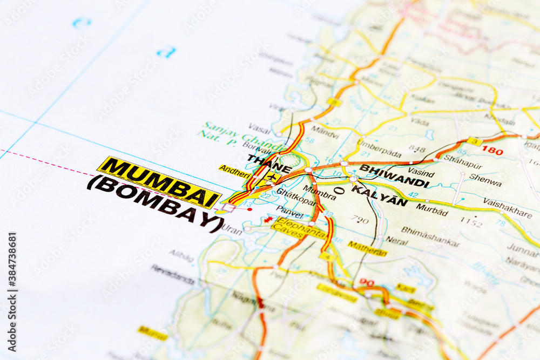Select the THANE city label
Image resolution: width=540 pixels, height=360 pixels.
coord(269,164)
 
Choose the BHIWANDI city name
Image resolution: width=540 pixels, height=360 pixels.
coord(394,175)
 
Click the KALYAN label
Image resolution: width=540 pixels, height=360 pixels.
coord(379,195)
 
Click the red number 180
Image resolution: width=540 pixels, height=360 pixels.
coord(492,150)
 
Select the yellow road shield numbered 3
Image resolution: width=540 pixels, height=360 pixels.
coord(475,141)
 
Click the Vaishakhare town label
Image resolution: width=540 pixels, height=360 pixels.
coord(507,208)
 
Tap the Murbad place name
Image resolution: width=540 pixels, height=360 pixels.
coord(431,209)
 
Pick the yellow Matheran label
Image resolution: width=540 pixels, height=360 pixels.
coord(367,248)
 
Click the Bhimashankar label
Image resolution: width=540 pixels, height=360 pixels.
coord(430,236)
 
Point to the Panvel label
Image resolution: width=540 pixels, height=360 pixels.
coord(290,211)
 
